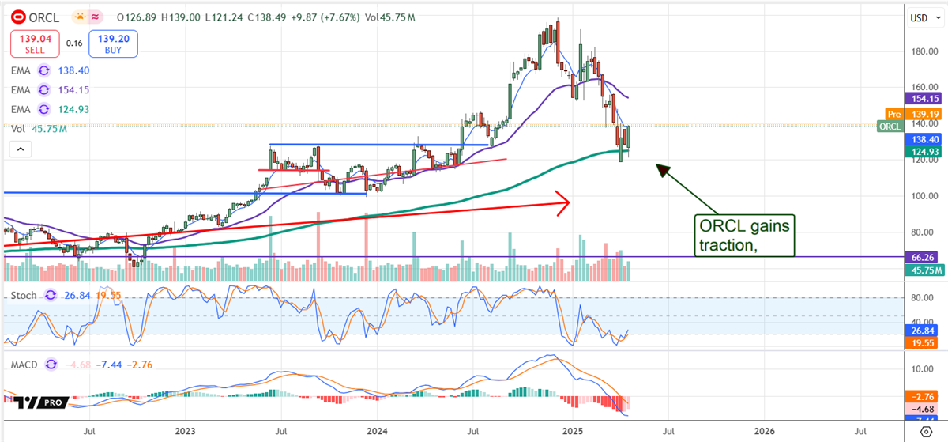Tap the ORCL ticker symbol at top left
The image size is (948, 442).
47,16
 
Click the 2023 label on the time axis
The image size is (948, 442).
186,431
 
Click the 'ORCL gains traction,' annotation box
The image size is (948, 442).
743,236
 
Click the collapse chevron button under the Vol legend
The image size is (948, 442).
21,149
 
